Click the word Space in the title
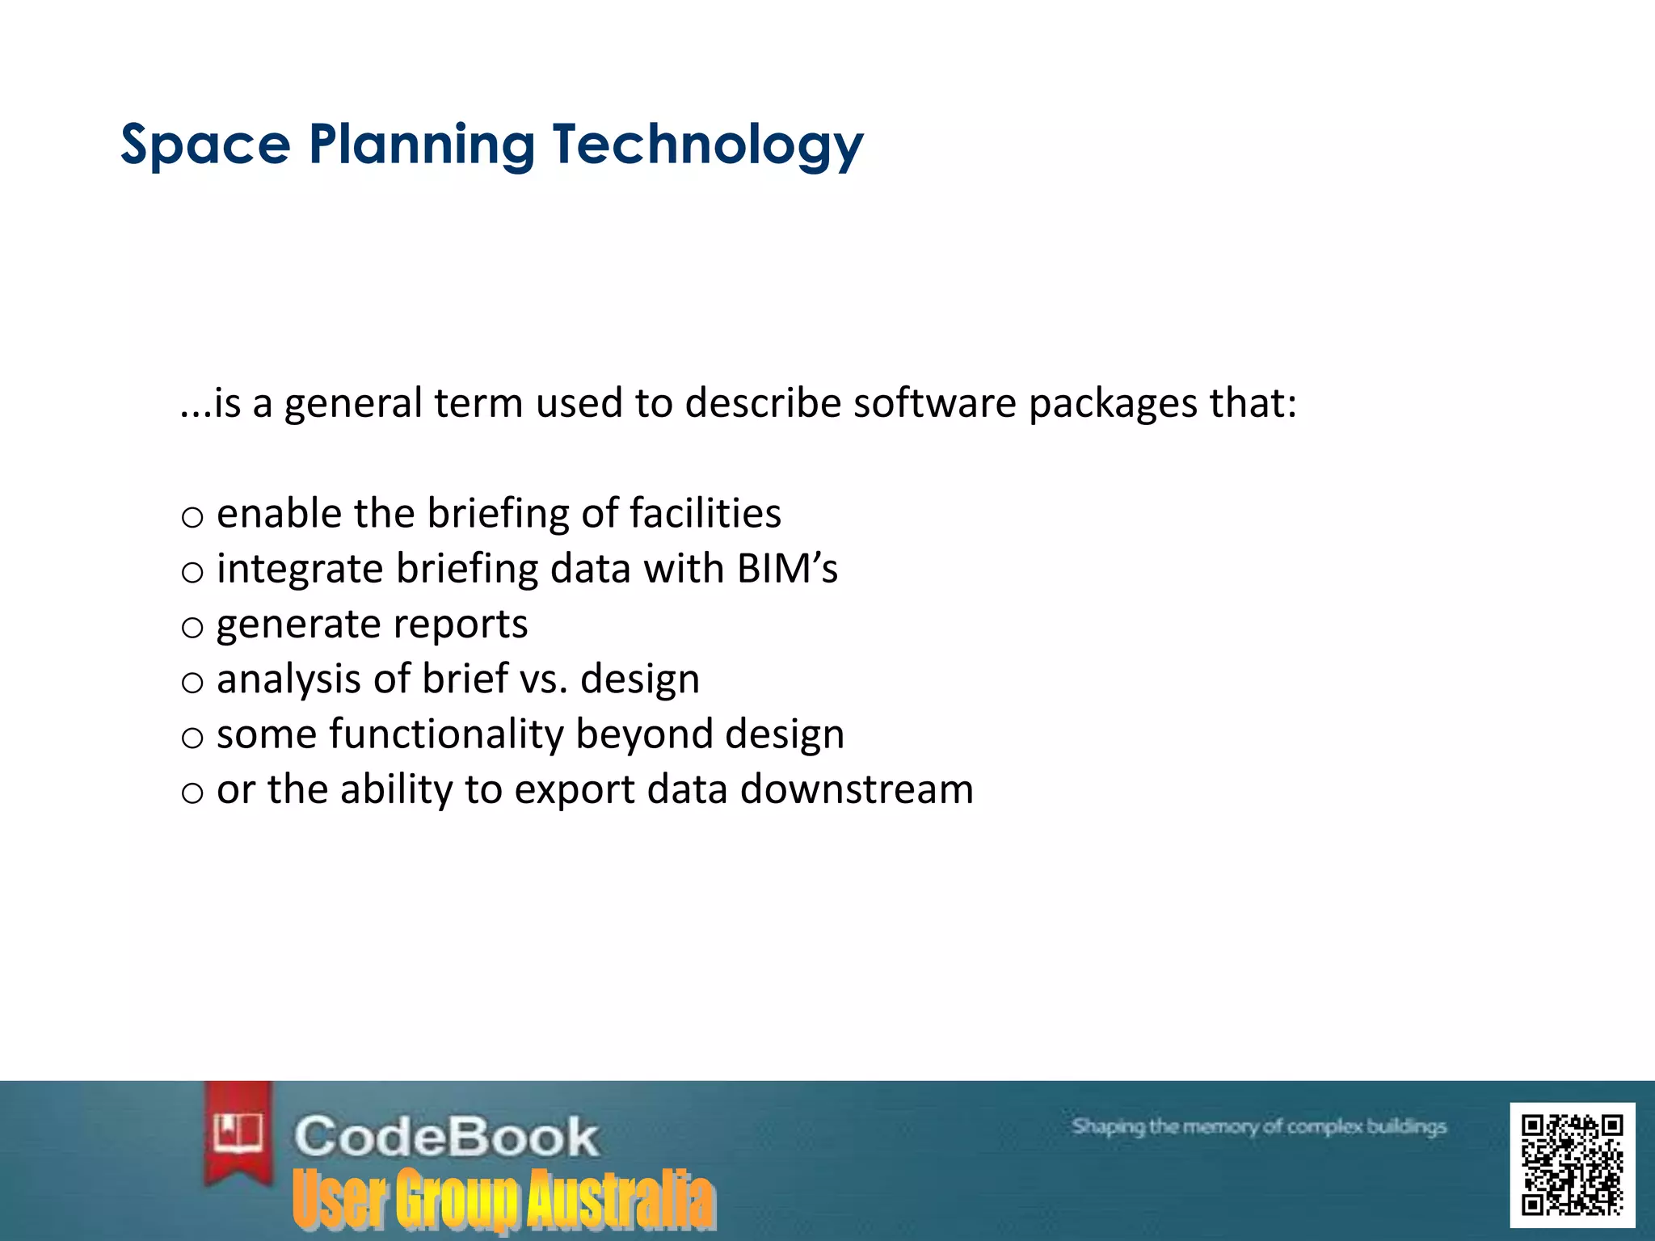click(205, 145)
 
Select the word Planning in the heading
click(421, 145)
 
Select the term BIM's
click(787, 568)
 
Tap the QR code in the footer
click(1572, 1164)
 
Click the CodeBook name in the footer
click(446, 1136)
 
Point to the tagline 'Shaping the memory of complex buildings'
click(1258, 1126)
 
